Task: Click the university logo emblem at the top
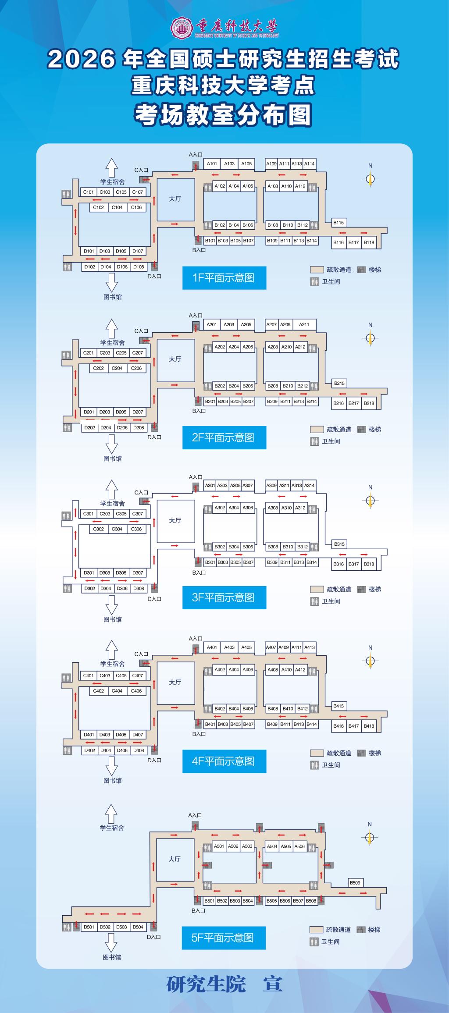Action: (180, 27)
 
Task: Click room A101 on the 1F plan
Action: (212, 164)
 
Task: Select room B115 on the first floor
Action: (339, 222)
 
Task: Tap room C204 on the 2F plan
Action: (117, 368)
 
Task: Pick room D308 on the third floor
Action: (139, 588)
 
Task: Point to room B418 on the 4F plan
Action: (369, 725)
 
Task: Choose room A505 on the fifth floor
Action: (286, 846)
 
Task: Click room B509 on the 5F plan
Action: (355, 882)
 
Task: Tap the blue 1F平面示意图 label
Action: (224, 277)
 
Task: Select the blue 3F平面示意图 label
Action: (224, 597)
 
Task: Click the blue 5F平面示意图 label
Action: (224, 938)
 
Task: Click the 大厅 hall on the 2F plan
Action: (175, 359)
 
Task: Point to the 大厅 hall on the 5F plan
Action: (175, 859)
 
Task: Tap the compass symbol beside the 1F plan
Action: (371, 179)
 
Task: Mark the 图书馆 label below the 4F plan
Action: (113, 781)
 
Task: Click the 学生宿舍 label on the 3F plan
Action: (112, 503)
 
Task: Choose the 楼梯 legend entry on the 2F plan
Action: (374, 430)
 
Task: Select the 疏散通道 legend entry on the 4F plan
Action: (339, 753)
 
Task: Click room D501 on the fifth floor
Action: (89, 927)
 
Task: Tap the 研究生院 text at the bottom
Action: (206, 984)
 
